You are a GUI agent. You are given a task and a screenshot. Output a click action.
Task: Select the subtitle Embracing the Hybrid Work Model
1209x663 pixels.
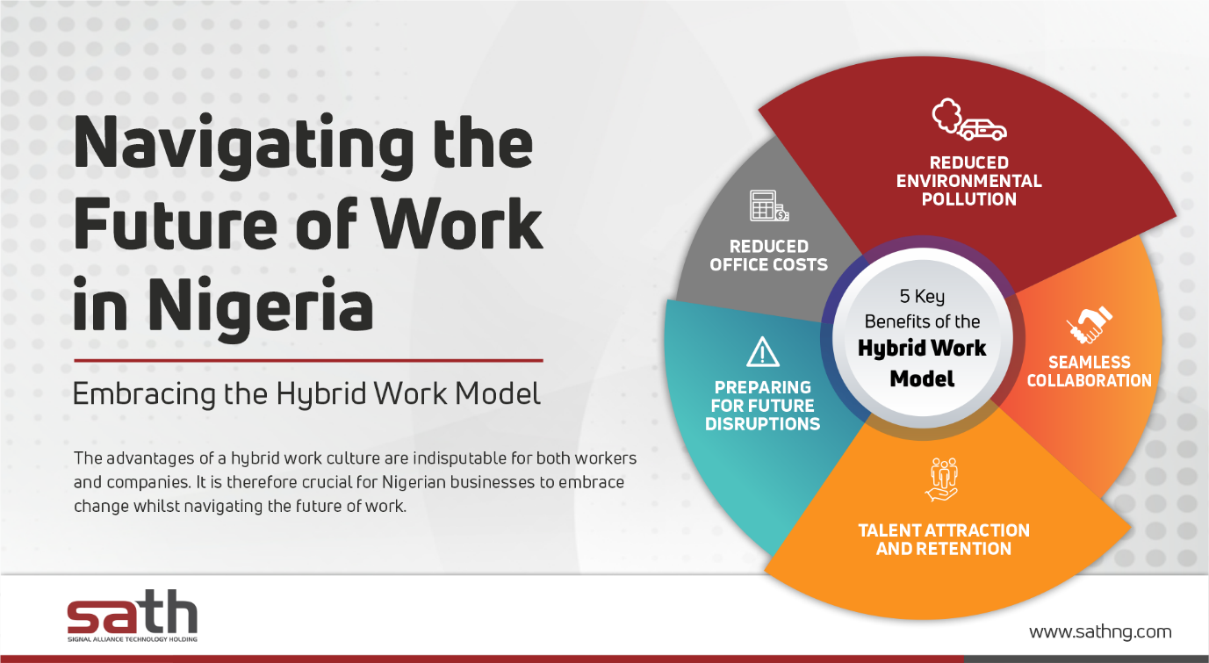(x=306, y=394)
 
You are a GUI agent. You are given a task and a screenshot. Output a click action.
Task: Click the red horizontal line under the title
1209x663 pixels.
(x=308, y=360)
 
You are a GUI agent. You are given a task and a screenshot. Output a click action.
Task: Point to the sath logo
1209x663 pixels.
(x=133, y=616)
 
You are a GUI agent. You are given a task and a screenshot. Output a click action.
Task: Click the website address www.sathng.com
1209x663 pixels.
(x=1100, y=631)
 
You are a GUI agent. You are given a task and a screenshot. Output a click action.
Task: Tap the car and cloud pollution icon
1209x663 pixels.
(x=968, y=119)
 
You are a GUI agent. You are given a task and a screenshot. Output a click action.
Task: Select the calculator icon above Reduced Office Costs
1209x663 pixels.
(x=769, y=205)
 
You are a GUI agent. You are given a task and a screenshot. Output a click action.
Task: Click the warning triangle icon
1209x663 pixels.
(x=763, y=352)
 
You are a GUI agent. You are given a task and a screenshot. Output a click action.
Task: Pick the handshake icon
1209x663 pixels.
(x=1090, y=325)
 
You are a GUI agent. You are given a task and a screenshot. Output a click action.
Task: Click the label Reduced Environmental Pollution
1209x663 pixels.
(x=968, y=181)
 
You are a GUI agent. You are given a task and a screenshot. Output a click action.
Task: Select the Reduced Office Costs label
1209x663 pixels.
(x=768, y=256)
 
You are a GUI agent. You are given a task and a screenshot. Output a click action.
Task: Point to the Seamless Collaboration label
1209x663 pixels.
(x=1090, y=371)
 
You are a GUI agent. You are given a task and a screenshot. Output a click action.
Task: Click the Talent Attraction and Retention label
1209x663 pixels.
(x=944, y=539)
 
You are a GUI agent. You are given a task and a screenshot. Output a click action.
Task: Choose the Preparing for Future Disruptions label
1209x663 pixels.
(x=763, y=406)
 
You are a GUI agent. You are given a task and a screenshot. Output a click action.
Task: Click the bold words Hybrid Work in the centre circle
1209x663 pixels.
(x=922, y=349)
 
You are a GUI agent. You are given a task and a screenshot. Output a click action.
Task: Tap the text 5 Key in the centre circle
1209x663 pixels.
(x=922, y=297)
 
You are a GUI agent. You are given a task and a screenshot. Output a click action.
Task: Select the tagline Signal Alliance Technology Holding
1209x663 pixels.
(x=133, y=639)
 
